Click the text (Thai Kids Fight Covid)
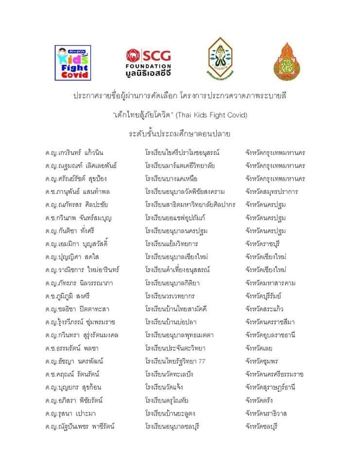tap(211, 115)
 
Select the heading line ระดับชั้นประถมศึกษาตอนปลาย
tap(179, 133)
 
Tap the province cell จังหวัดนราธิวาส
tap(268, 414)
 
